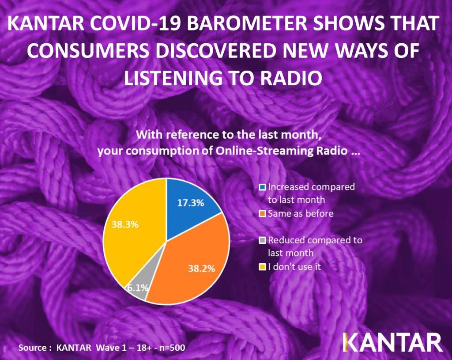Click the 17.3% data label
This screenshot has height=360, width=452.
[191, 203]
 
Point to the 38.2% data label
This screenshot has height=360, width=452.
[201, 269]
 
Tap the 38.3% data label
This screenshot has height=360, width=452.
[125, 224]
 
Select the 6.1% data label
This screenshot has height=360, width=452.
[138, 288]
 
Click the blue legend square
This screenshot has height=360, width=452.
[262, 187]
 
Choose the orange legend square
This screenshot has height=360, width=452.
[262, 214]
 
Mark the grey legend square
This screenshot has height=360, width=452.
[262, 240]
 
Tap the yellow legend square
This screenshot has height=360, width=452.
[262, 267]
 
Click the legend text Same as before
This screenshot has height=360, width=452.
[301, 213]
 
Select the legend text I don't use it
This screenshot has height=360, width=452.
[294, 266]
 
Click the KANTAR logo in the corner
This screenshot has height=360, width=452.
[392, 342]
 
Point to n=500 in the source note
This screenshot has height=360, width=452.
[172, 348]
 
